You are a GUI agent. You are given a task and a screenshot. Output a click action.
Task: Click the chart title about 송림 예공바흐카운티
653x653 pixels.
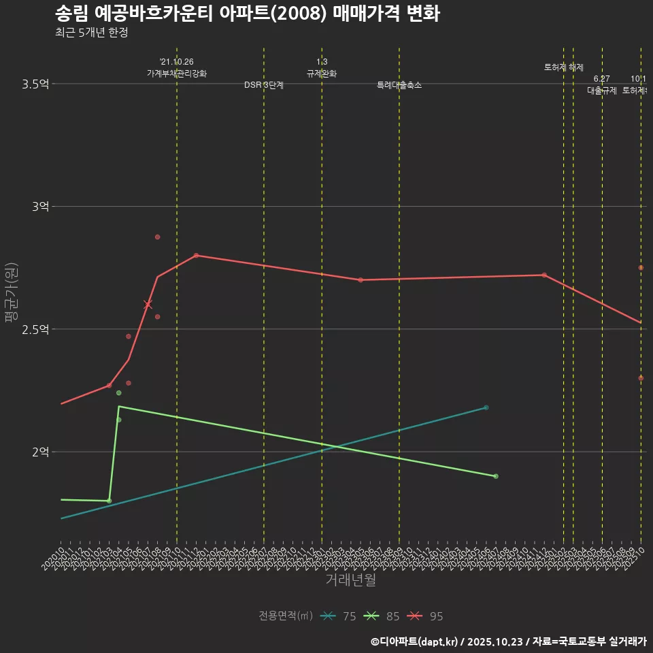(247, 14)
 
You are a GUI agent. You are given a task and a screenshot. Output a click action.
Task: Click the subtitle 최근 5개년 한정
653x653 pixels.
(91, 33)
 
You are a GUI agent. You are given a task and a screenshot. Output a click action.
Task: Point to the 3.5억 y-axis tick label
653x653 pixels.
(35, 84)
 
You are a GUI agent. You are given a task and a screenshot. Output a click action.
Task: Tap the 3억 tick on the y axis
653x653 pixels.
(41, 207)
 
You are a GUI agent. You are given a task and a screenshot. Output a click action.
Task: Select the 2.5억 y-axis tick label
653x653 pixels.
(35, 329)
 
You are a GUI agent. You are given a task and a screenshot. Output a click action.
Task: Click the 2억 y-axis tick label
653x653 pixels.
(41, 452)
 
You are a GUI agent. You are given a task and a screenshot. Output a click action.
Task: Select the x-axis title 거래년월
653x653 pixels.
(350, 580)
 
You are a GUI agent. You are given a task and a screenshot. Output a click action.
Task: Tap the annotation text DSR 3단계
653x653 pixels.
(264, 85)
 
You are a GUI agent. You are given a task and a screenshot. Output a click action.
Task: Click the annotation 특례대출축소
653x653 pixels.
(399, 85)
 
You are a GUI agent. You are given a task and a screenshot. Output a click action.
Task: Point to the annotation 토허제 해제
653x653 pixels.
(564, 67)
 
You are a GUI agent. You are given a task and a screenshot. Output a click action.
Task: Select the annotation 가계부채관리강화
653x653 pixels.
(177, 73)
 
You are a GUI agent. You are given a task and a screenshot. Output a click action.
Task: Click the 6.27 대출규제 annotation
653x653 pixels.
(602, 85)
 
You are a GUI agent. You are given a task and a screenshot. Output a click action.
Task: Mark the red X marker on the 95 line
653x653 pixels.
(148, 305)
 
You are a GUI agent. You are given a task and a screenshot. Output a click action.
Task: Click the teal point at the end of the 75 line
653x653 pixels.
(486, 407)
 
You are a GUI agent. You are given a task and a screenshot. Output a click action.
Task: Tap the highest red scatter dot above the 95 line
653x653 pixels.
(157, 237)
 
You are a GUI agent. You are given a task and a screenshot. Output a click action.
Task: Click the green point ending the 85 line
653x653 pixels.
(496, 476)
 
